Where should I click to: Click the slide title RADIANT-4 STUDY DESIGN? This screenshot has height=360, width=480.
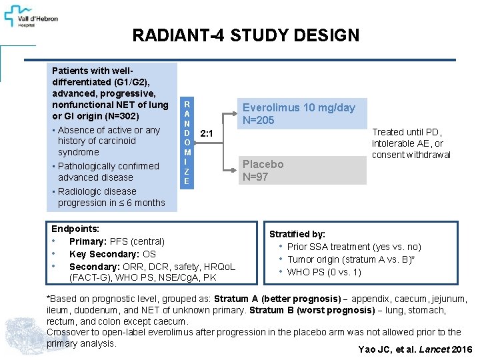coord(245,36)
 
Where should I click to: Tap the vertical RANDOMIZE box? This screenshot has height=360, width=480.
coord(187,142)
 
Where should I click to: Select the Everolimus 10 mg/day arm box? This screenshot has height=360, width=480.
coord(299,114)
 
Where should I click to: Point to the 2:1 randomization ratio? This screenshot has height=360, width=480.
coord(207,134)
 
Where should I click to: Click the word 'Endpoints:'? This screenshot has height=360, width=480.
coord(75,229)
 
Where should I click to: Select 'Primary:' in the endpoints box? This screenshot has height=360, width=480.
coord(86,241)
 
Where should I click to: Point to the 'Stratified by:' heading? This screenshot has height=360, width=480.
coord(297,234)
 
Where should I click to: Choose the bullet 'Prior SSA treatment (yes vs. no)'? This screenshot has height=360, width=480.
coord(353,247)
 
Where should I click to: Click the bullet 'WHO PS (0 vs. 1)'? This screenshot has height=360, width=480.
coord(324,272)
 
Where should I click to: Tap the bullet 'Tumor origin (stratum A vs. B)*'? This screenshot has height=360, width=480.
coord(351,259)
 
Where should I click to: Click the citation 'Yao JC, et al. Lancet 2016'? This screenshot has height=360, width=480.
coord(415,350)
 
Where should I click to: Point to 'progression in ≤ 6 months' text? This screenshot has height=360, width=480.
coord(111,203)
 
